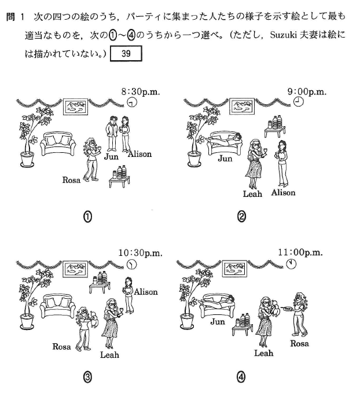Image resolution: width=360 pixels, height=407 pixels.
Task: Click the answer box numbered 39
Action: pyautogui.click(x=126, y=53)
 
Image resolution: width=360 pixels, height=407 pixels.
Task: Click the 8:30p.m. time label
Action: pyautogui.click(x=141, y=91)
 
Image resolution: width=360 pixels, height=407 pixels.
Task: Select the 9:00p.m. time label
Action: pyautogui.click(x=307, y=91)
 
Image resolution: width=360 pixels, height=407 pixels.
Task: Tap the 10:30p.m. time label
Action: pyautogui.click(x=140, y=252)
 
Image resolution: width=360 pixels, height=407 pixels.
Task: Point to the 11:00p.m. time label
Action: pyautogui.click(x=300, y=252)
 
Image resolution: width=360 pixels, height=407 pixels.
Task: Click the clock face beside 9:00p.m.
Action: pyautogui.click(x=298, y=101)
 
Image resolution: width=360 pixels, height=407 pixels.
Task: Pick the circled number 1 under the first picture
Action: pyautogui.click(x=88, y=217)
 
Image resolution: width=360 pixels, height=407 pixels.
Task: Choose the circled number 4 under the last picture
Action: pyautogui.click(x=241, y=377)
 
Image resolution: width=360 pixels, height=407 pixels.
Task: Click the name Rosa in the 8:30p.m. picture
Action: pyautogui.click(x=71, y=180)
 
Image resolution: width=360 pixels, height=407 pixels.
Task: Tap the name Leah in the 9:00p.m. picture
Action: pyautogui.click(x=252, y=194)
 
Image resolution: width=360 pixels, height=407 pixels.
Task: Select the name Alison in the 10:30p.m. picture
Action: pyautogui.click(x=146, y=292)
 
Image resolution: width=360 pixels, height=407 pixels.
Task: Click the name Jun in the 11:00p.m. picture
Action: pyautogui.click(x=218, y=322)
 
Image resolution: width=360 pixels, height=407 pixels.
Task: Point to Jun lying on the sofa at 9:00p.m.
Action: pyautogui.click(x=225, y=139)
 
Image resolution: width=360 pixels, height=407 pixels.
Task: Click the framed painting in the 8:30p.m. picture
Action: pyautogui.click(x=75, y=107)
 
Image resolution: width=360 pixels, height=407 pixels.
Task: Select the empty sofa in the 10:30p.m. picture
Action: pyautogui.click(x=58, y=306)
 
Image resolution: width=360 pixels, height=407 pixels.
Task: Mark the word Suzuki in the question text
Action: pyautogui.click(x=283, y=35)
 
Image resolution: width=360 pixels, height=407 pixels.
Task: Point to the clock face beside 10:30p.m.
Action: pyautogui.click(x=132, y=264)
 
